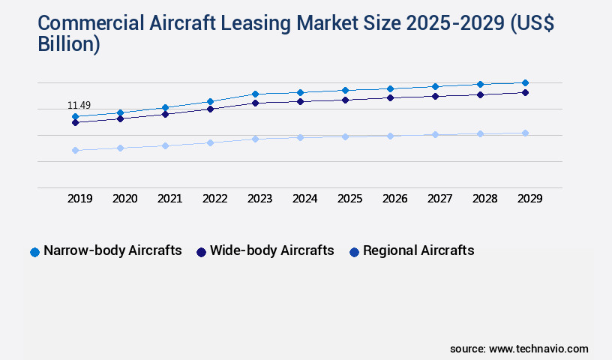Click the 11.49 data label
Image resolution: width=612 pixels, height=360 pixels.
pos(79,106)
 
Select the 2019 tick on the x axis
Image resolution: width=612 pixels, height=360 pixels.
pos(79,199)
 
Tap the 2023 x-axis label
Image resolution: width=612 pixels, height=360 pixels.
pos(259,199)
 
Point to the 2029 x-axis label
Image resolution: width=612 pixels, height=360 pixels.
pos(529,199)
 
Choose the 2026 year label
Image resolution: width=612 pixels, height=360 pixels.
pos(394,199)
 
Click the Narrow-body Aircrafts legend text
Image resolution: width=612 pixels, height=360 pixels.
pos(112,250)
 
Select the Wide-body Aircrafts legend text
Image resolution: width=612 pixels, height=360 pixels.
pos(272,250)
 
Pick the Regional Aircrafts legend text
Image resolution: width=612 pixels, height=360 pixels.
pos(418,250)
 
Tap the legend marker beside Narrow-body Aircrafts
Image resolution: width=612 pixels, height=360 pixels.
pos(34,252)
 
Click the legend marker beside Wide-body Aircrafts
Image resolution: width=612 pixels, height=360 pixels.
pos(201,252)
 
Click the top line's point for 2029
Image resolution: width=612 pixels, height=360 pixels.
pos(525,82)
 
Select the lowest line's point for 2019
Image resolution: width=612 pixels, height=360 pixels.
pos(75,150)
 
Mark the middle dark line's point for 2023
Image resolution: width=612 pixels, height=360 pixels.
pos(255,103)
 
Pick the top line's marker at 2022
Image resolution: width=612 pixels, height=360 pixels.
pos(210,101)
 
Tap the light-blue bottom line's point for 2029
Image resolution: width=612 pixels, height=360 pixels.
pos(525,133)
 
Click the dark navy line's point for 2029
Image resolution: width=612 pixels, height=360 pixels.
pos(525,92)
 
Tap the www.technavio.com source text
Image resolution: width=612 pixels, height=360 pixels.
pos(538,349)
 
